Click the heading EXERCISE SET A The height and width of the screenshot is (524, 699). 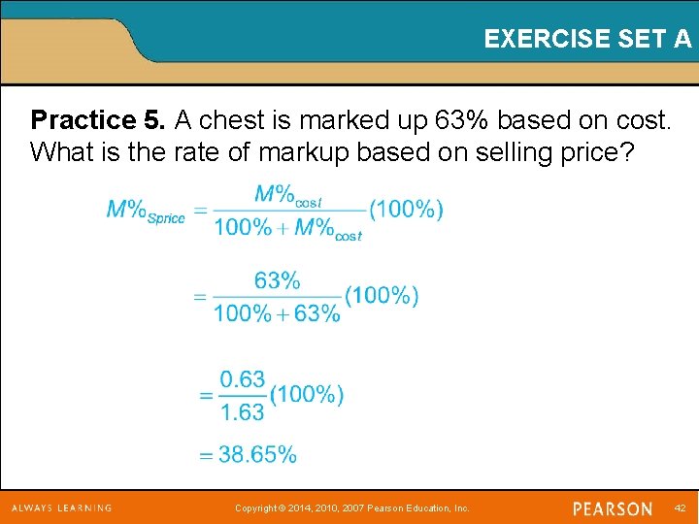point(587,39)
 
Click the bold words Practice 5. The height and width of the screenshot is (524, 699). point(98,120)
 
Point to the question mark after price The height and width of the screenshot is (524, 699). point(623,152)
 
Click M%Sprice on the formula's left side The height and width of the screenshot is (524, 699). point(145,211)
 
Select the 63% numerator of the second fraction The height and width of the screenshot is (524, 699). point(277,281)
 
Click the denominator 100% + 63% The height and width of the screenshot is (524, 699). point(277,313)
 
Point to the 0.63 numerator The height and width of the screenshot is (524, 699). point(242,379)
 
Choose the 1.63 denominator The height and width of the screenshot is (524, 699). point(242,412)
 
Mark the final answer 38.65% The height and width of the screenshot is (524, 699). point(257,454)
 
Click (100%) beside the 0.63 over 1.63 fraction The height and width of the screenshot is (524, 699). point(307,395)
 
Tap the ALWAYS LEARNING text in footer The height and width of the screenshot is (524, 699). point(61,508)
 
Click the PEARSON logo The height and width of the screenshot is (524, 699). point(613,508)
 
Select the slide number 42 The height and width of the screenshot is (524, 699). point(679,508)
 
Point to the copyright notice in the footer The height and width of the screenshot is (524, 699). point(352,508)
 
